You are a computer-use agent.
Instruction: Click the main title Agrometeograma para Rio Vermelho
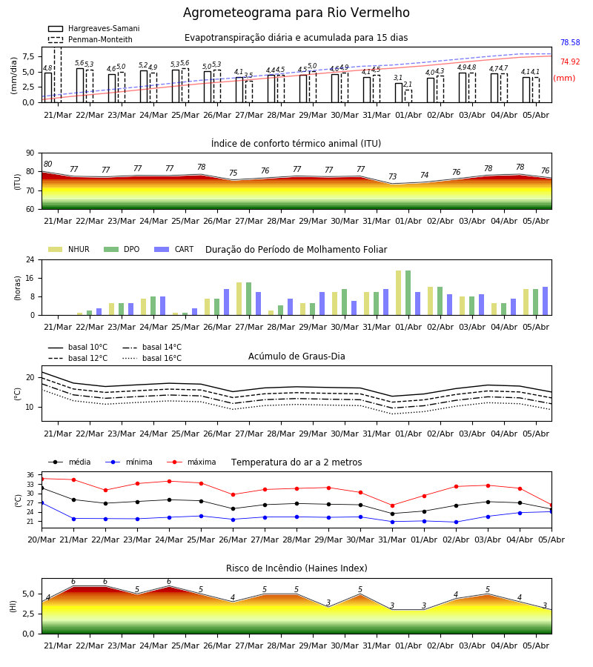(x=296, y=13)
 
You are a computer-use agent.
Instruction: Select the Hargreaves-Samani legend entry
(x=93, y=28)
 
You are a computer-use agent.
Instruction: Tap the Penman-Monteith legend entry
(x=90, y=39)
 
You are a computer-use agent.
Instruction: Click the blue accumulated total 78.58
(x=570, y=42)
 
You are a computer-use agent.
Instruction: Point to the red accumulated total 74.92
(x=570, y=62)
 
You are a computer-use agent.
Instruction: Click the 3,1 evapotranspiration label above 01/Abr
(x=398, y=78)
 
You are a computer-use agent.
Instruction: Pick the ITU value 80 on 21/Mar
(x=47, y=165)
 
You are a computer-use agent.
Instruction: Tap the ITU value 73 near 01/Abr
(x=392, y=176)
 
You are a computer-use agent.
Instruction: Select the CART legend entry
(x=174, y=249)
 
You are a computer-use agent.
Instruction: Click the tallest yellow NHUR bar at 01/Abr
(x=399, y=293)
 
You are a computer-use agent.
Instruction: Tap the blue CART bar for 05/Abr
(x=546, y=301)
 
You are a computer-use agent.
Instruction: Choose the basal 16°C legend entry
(x=152, y=358)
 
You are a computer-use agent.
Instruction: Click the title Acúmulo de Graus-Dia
(x=296, y=356)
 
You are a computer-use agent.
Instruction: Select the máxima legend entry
(x=191, y=462)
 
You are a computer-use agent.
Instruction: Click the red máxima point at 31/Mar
(x=392, y=505)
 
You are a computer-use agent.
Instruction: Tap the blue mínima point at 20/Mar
(x=42, y=502)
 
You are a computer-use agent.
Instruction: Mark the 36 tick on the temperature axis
(x=30, y=475)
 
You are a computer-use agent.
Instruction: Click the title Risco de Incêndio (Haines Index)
(x=296, y=568)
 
